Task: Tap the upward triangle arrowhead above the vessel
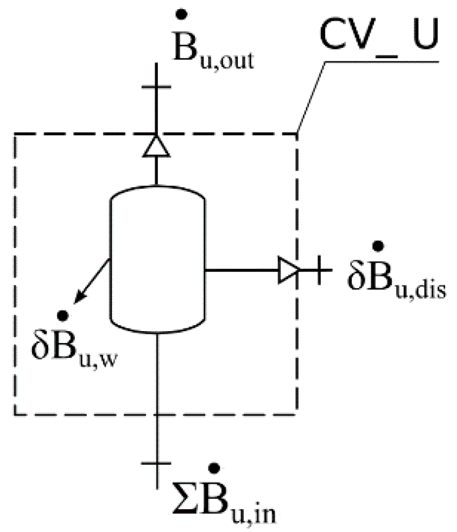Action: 156,147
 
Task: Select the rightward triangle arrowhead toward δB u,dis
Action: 288,270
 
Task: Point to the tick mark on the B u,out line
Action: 156,86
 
